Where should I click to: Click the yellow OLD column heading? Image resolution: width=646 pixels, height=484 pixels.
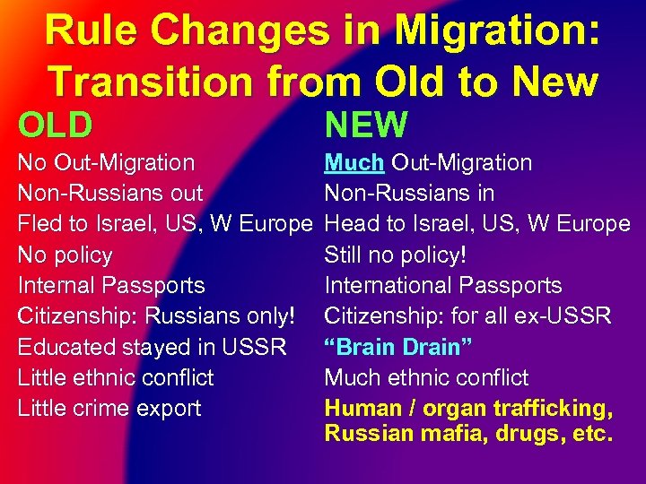[x=55, y=125]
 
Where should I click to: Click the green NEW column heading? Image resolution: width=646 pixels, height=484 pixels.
[x=366, y=125]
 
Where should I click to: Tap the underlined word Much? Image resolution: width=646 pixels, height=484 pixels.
[x=354, y=162]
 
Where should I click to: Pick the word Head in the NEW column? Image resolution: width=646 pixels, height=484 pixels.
[x=350, y=224]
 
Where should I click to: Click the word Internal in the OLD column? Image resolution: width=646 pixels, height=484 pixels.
[x=57, y=285]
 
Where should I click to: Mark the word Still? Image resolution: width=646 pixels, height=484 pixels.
[x=344, y=255]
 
